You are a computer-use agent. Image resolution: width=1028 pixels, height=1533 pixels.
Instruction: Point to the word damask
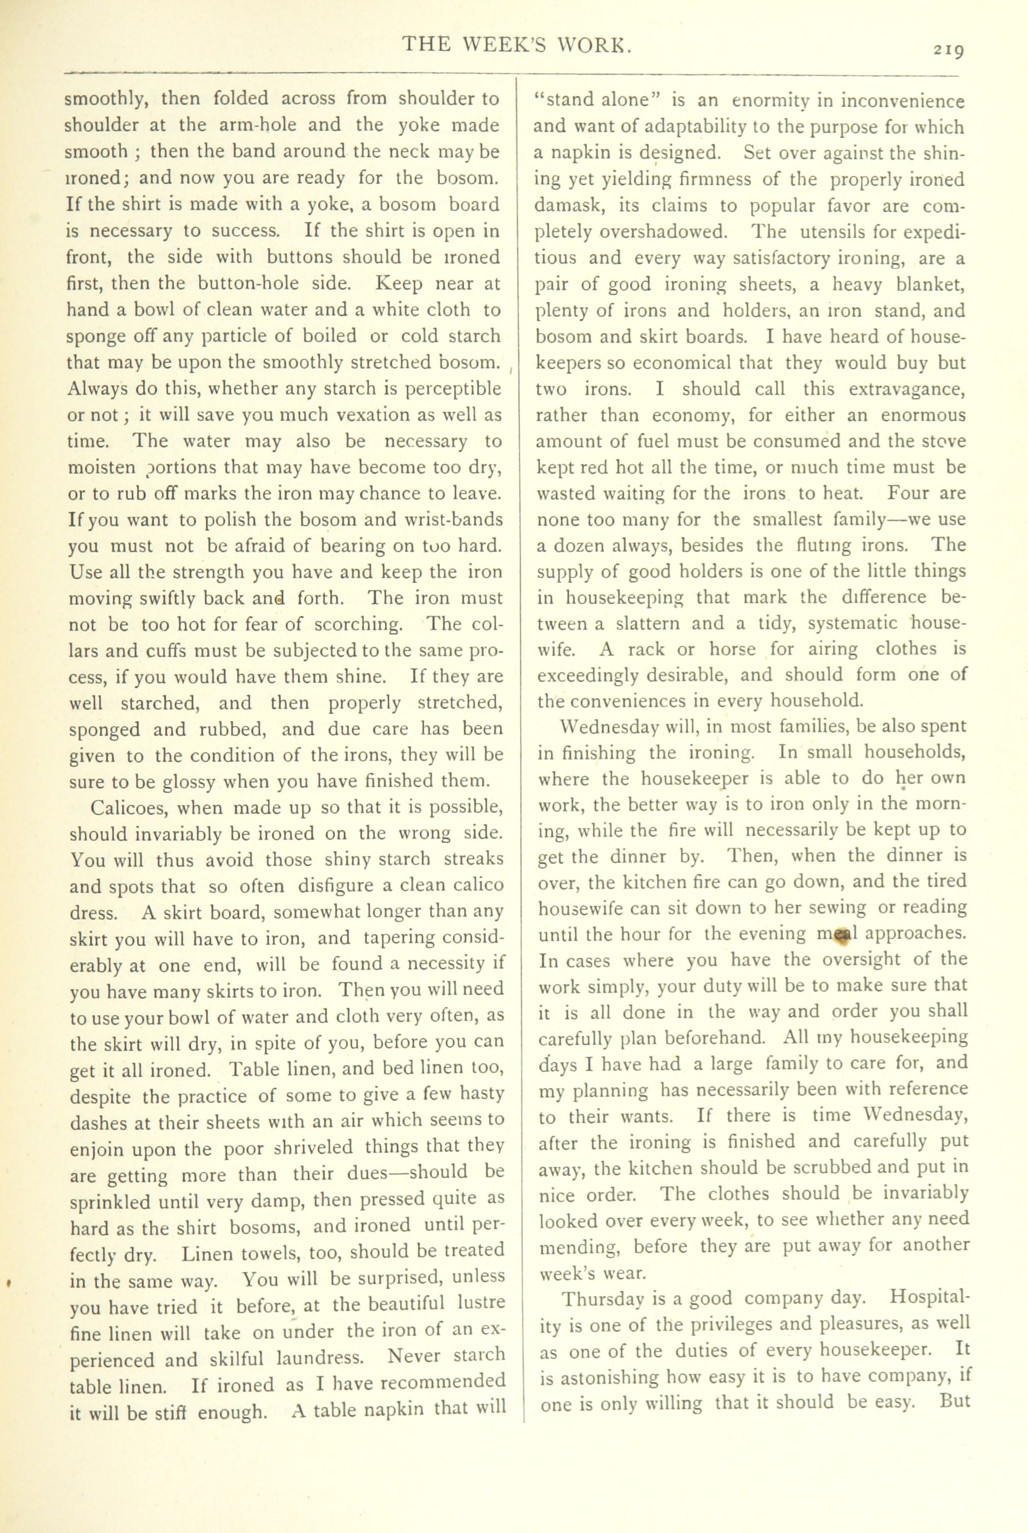[x=565, y=206]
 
